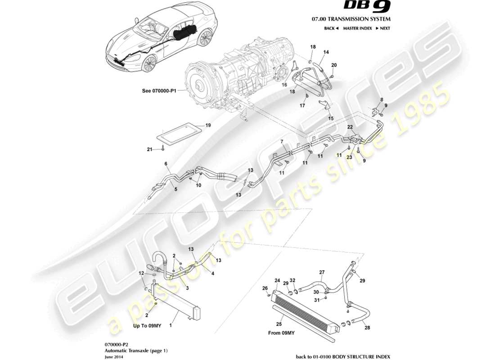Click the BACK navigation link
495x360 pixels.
tap(331, 28)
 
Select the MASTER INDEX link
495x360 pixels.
tap(357, 28)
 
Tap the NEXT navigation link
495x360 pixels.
tap(382, 28)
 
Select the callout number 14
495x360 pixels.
tap(326, 52)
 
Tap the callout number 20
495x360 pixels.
tap(333, 65)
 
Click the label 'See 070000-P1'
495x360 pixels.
tap(160, 90)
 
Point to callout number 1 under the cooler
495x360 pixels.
tap(171, 324)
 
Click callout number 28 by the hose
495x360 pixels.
tap(367, 328)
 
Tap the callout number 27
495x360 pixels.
tap(322, 272)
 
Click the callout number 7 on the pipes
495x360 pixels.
tap(282, 142)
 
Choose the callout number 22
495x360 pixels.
tap(349, 127)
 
